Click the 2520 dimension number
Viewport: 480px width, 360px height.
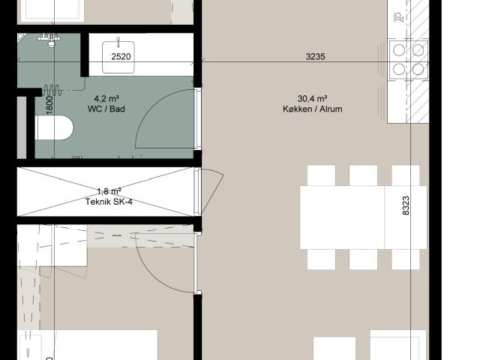click(121, 57)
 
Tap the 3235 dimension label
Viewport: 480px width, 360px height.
click(315, 57)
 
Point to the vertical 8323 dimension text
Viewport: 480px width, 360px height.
click(405, 205)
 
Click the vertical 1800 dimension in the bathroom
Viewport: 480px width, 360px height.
click(49, 104)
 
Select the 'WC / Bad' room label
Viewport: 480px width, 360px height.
click(106, 109)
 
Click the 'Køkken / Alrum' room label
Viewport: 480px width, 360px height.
click(312, 109)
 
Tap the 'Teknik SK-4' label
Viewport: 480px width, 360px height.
click(109, 202)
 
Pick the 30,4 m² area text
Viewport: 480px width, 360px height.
click(312, 98)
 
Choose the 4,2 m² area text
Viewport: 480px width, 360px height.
click(106, 98)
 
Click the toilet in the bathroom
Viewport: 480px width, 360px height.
click(54, 127)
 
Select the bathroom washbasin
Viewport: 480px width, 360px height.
click(118, 57)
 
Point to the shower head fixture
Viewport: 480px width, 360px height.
click(52, 40)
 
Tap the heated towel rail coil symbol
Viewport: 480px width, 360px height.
click(52, 90)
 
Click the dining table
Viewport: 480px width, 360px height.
click(363, 217)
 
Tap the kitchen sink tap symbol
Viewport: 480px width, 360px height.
click(399, 17)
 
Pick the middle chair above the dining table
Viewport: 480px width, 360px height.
click(363, 175)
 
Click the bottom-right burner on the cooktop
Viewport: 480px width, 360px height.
click(418, 70)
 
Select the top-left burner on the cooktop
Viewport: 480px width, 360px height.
click(398, 50)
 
